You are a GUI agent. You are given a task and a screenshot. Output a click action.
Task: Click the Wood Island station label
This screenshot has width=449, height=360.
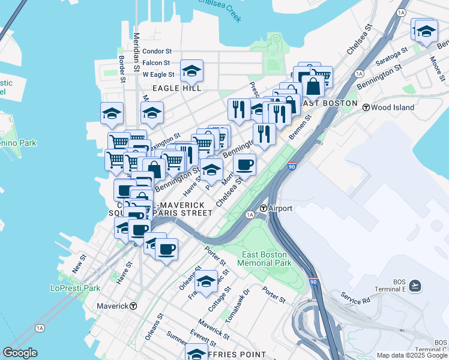(393, 107)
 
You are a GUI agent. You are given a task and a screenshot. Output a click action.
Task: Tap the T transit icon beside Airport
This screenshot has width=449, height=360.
(263, 208)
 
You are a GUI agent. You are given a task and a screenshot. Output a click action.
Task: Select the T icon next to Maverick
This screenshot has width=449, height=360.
(133, 306)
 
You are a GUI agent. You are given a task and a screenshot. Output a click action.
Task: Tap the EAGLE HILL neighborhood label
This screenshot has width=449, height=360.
(176, 88)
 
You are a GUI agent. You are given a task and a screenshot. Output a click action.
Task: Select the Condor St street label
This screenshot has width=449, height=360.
(157, 52)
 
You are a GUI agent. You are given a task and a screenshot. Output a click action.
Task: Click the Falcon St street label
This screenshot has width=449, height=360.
(158, 63)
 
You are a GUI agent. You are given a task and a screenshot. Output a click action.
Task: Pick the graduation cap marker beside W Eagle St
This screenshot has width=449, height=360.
(191, 71)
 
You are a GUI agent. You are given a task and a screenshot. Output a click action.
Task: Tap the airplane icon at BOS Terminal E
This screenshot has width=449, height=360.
(415, 286)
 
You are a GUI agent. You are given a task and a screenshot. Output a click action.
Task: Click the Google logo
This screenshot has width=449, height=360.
(20, 353)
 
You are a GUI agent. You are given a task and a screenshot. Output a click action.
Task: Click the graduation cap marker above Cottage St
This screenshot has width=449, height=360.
(206, 281)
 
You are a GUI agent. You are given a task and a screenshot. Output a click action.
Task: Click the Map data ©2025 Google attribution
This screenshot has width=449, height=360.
(412, 355)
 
